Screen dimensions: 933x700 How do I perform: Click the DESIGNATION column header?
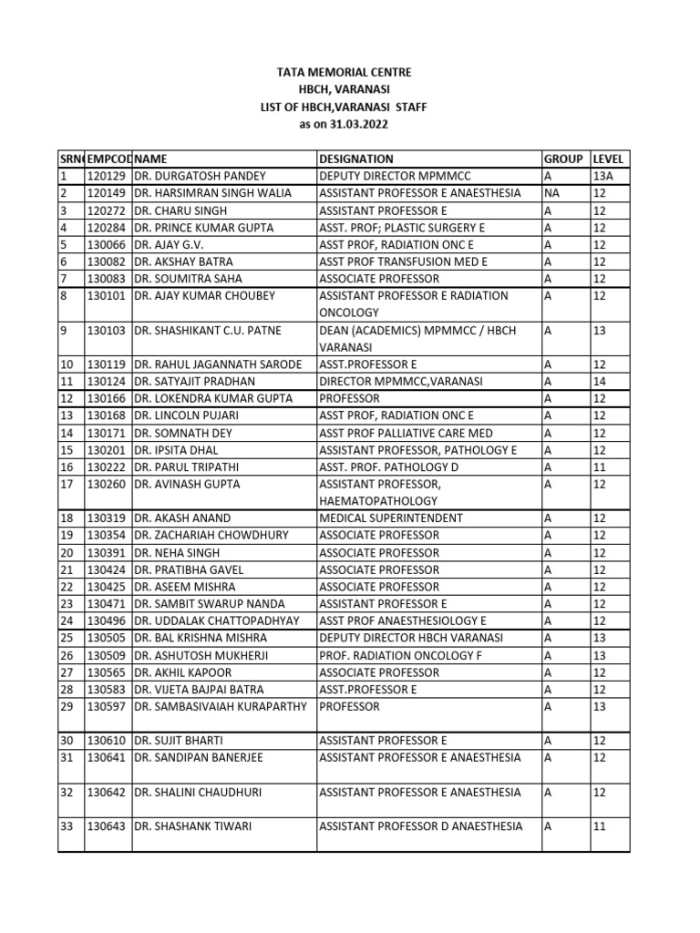click(356, 159)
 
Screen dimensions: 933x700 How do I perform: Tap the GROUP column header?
click(563, 159)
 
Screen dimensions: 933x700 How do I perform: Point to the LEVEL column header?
click(608, 159)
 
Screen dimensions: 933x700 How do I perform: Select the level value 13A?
click(602, 176)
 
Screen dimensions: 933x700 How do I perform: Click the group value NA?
click(552, 193)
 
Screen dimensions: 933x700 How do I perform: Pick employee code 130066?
click(106, 244)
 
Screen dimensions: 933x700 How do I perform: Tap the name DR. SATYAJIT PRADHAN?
click(194, 382)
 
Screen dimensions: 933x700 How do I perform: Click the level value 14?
click(599, 382)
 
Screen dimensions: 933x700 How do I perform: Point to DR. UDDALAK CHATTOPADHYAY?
click(216, 620)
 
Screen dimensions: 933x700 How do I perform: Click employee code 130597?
click(106, 706)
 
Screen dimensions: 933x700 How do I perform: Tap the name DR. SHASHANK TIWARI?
click(192, 826)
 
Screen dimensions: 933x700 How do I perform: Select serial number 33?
click(66, 826)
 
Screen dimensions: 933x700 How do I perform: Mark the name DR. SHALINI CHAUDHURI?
click(197, 792)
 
